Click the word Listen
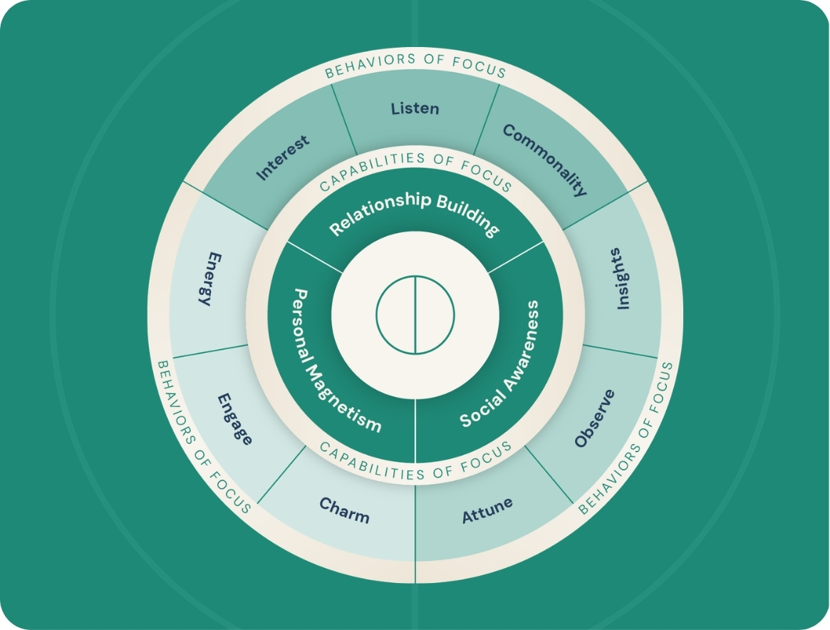pyautogui.click(x=415, y=109)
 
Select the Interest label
pyautogui.click(x=284, y=157)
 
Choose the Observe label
pyautogui.click(x=594, y=419)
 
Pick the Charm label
pyautogui.click(x=344, y=510)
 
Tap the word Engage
pyautogui.click(x=235, y=418)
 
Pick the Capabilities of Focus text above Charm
pyautogui.click(x=415, y=460)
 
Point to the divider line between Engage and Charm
pyautogui.click(x=282, y=474)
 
